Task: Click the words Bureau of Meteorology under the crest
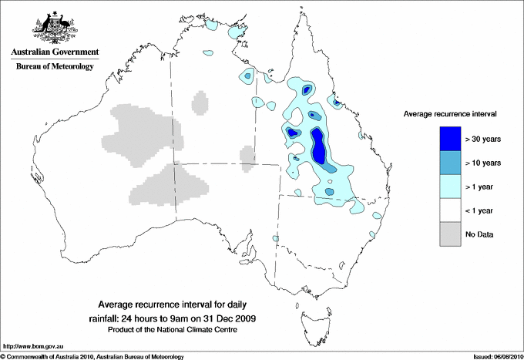tap(55, 67)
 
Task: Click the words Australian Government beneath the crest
tap(54, 53)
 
